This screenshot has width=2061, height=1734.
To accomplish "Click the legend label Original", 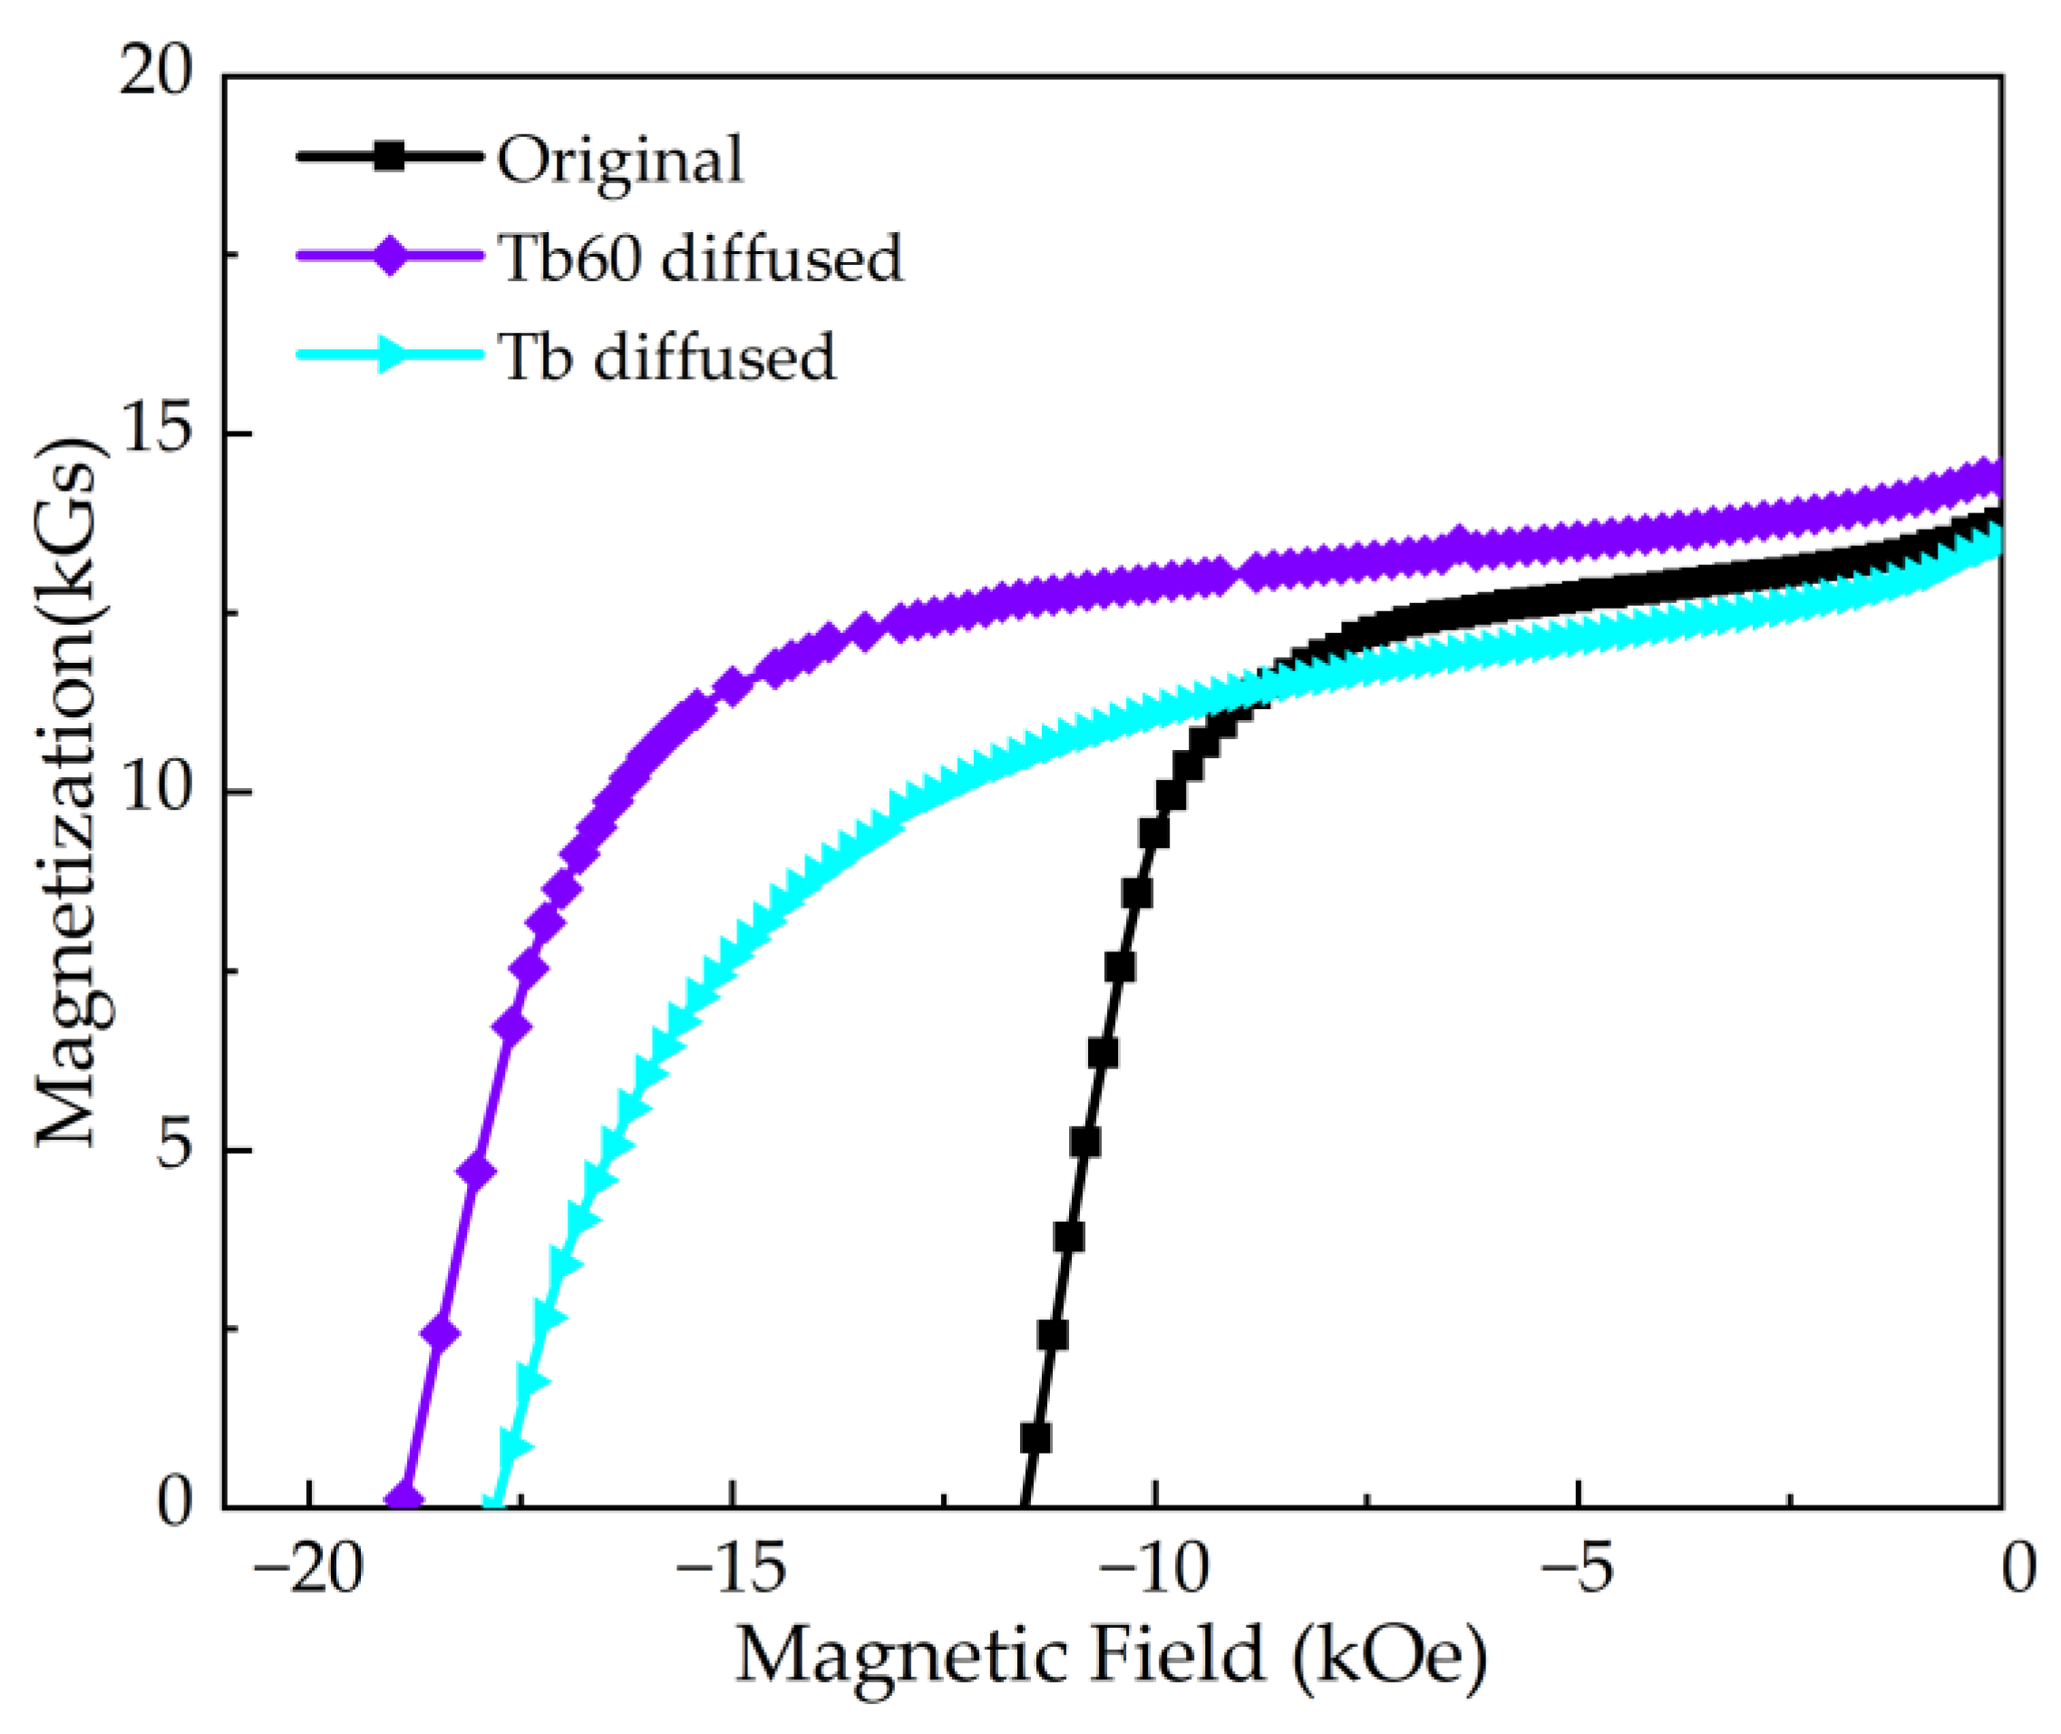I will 620,161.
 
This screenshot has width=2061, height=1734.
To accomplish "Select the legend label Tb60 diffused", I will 700,258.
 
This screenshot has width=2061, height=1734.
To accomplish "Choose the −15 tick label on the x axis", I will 730,1570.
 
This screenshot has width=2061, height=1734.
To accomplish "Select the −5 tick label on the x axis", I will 1576,1570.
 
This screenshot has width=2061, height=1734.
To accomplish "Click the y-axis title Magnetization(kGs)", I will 69,792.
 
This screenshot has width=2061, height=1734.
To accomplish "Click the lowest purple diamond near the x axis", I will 403,1499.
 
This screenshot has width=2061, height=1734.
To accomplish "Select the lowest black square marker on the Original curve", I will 1035,1438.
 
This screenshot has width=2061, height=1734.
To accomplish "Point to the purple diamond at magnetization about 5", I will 476,1173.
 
